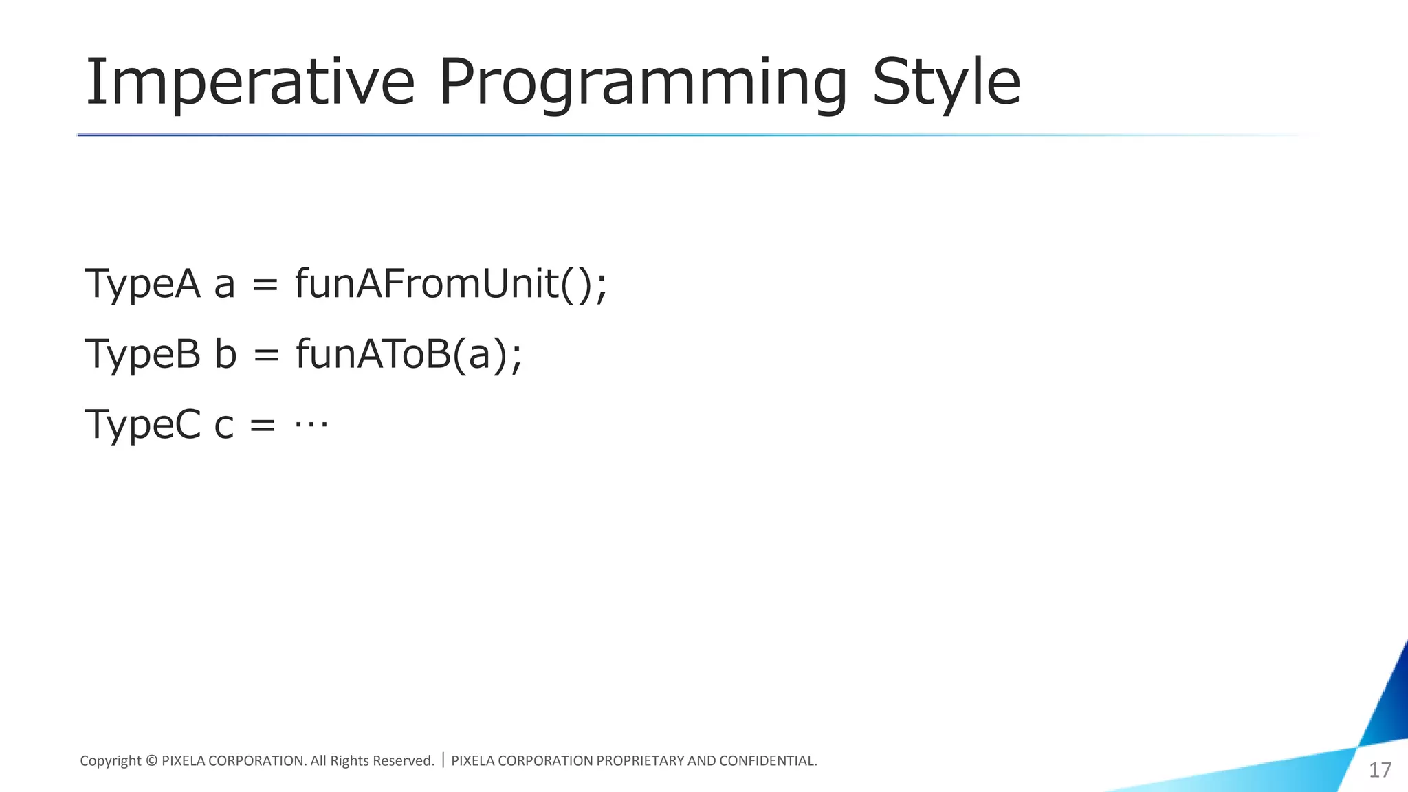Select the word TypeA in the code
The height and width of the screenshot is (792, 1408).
[142, 283]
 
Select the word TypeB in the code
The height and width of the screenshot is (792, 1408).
[142, 354]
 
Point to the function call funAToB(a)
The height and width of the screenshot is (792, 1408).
[409, 354]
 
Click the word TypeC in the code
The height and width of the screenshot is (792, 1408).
[142, 424]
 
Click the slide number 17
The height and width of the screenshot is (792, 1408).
[1380, 770]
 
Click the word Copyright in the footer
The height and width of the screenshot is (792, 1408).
[110, 761]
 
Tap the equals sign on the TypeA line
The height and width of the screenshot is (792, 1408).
[265, 285]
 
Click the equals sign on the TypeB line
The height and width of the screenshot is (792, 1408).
[266, 355]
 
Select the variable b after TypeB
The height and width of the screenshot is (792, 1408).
[225, 354]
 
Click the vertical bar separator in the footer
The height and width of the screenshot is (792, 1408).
[443, 760]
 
